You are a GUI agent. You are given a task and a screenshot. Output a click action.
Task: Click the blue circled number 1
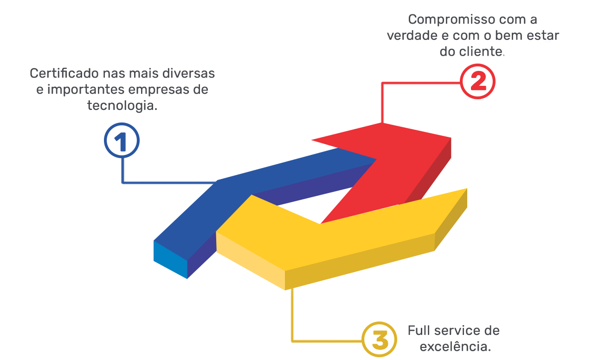coord(122,141)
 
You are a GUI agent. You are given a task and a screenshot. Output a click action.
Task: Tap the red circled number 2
coord(477,81)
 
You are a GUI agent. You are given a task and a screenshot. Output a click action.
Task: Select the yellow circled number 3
coord(379,340)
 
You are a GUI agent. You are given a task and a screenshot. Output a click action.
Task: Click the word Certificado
coord(64,73)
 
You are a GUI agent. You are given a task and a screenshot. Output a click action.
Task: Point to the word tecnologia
coord(122,106)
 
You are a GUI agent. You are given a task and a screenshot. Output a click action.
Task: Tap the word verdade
coord(412,36)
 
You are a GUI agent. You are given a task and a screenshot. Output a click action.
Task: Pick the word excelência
coord(456,347)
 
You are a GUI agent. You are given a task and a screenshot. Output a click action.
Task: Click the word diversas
coord(188,73)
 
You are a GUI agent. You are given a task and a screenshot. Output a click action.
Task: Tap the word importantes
coord(86,90)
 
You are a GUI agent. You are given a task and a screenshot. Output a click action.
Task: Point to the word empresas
coord(160,90)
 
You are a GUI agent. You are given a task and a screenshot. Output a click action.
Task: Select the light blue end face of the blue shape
coord(170,259)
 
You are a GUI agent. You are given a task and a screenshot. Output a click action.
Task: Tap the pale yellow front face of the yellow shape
coord(250,261)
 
